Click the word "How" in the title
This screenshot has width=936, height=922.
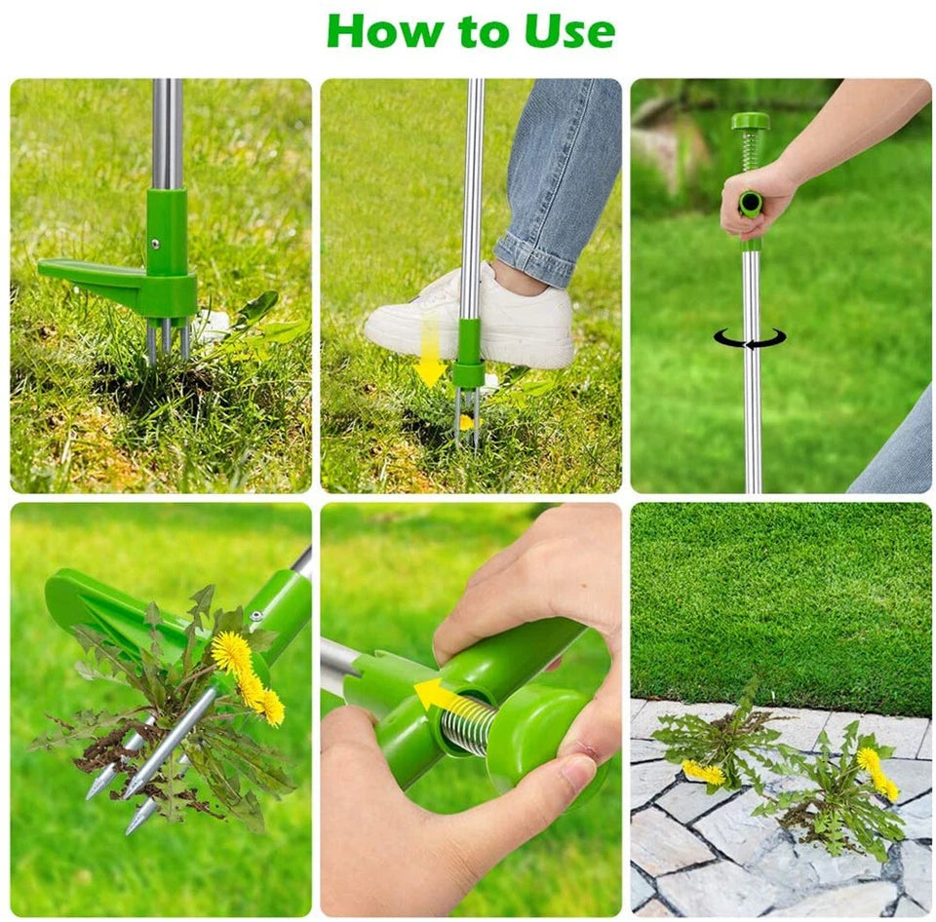point(374,31)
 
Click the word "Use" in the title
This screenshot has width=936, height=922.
point(569,31)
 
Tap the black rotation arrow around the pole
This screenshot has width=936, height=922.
point(749,338)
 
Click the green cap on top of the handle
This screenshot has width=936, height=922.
point(750,122)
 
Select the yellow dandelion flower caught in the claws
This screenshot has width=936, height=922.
point(232,654)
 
